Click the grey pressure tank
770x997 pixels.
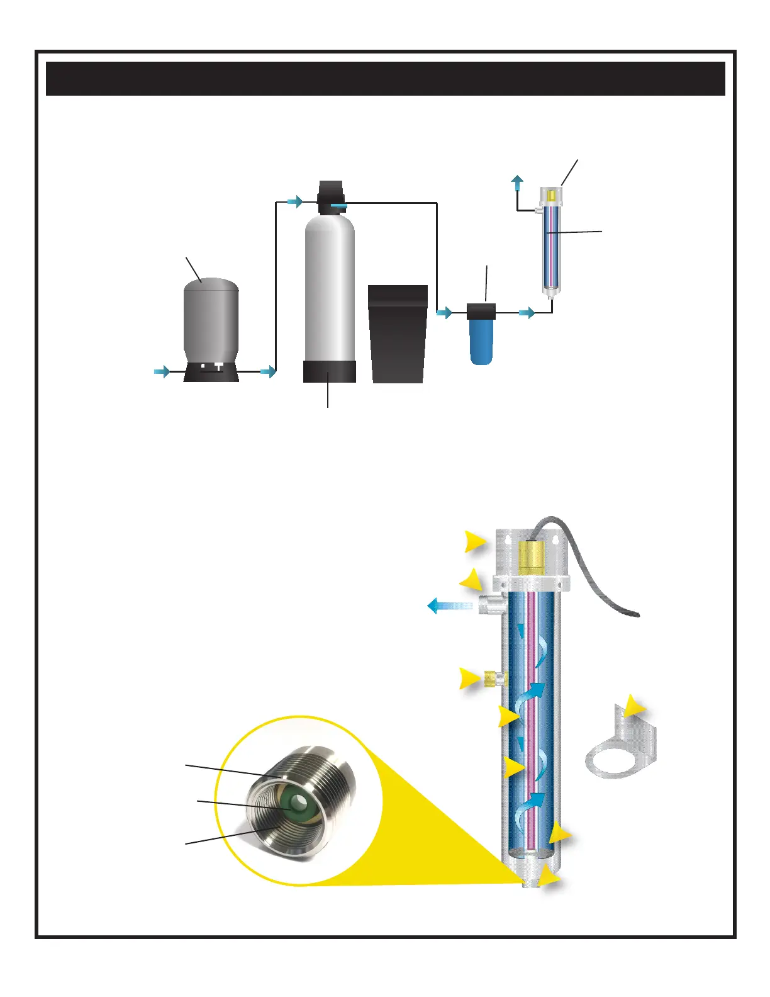click(211, 321)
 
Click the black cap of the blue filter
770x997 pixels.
click(481, 310)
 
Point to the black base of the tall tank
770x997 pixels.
click(330, 372)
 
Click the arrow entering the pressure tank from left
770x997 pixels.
click(162, 372)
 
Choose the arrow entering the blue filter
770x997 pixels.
click(445, 312)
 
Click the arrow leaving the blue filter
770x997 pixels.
click(527, 312)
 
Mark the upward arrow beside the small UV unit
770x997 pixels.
click(516, 183)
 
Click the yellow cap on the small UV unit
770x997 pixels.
click(551, 195)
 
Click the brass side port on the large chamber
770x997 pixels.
click(494, 679)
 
